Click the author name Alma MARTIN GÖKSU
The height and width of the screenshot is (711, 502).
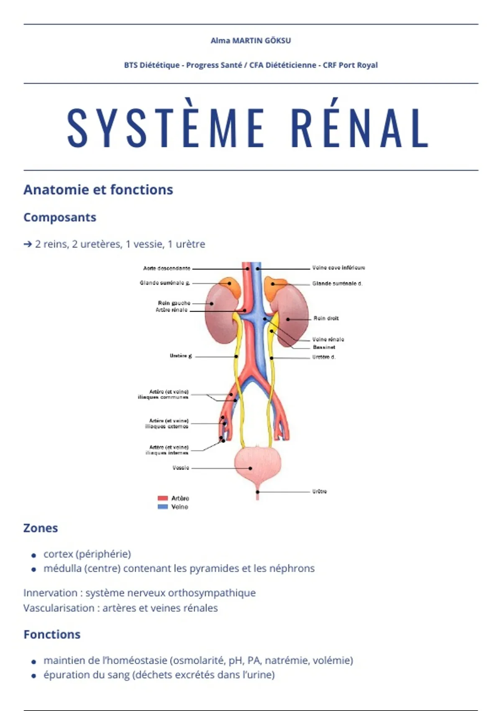pyautogui.click(x=251, y=41)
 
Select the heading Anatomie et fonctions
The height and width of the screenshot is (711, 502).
pyautogui.click(x=98, y=190)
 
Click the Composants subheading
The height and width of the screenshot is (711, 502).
pyautogui.click(x=60, y=217)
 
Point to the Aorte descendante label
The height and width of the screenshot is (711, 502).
pyautogui.click(x=166, y=269)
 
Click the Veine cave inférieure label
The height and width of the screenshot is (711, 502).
pyautogui.click(x=338, y=268)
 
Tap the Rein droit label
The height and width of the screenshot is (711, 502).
pyautogui.click(x=326, y=318)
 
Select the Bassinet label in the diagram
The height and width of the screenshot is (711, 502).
pyautogui.click(x=324, y=347)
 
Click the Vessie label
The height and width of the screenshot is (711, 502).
pyautogui.click(x=181, y=468)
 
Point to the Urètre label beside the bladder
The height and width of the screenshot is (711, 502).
pyautogui.click(x=319, y=491)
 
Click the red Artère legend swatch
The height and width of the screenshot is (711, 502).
pyautogui.click(x=163, y=498)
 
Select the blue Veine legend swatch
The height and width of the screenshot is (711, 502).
pyautogui.click(x=163, y=506)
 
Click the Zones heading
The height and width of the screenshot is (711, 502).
pyautogui.click(x=41, y=528)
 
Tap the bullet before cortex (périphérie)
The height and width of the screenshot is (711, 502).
pyautogui.click(x=34, y=555)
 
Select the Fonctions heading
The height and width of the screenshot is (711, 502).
pyautogui.click(x=52, y=634)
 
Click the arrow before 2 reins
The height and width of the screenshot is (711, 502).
pyautogui.click(x=28, y=244)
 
